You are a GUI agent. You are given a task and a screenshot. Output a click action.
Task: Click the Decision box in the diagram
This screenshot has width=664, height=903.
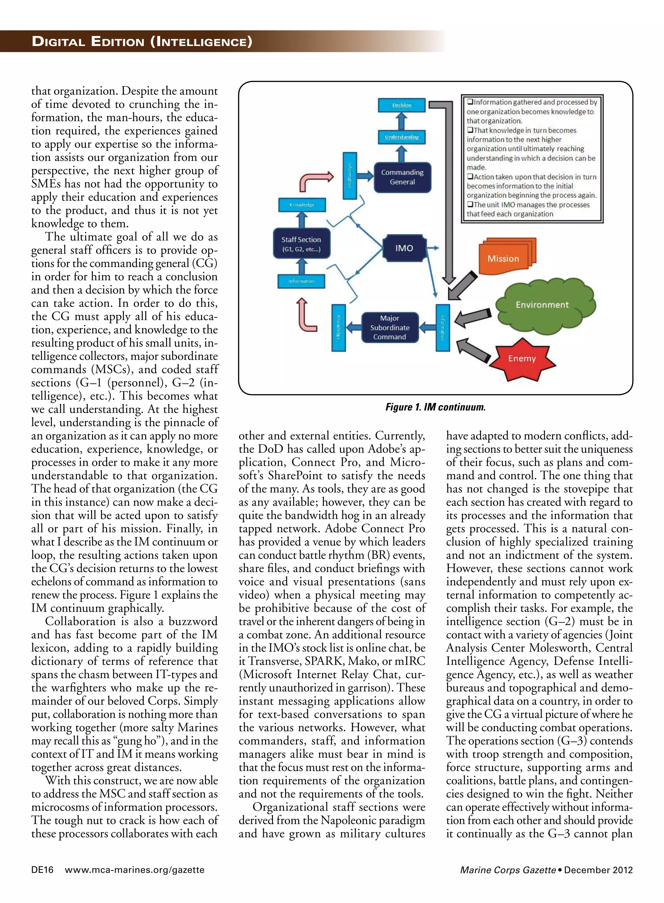click(x=401, y=105)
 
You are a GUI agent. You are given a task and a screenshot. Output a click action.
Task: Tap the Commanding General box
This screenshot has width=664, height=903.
click(x=402, y=177)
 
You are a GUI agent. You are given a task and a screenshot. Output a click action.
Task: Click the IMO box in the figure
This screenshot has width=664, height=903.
click(x=404, y=248)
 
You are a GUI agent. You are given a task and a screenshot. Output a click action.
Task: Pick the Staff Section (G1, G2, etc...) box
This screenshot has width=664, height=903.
click(x=301, y=244)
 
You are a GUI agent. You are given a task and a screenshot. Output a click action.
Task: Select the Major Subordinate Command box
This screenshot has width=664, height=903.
click(x=389, y=327)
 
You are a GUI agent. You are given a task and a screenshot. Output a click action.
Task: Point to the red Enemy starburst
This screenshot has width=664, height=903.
click(x=522, y=358)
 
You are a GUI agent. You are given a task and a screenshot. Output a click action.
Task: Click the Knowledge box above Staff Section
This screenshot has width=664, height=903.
click(x=302, y=205)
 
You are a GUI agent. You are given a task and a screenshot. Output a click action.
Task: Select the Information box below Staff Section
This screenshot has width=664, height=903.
click(x=301, y=281)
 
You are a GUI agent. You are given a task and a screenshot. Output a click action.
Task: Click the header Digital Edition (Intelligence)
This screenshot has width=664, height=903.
click(x=142, y=42)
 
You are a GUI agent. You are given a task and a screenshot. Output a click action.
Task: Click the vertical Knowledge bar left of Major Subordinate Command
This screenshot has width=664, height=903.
click(x=338, y=327)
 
